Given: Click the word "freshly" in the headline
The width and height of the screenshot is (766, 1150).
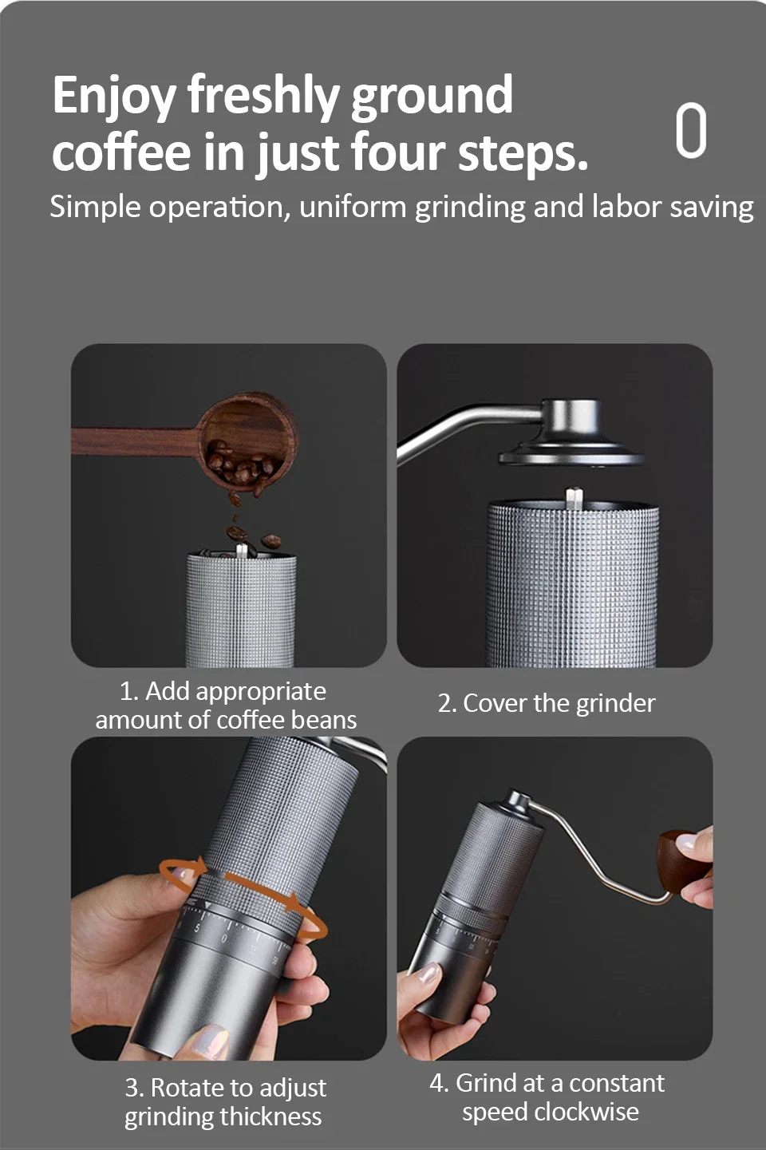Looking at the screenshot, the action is (263, 96).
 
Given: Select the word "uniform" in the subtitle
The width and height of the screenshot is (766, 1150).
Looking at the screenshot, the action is (353, 207).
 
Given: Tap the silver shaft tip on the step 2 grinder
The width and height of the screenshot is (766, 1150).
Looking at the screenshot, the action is (574, 498).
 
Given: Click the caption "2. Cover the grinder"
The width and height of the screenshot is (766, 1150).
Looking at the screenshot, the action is (547, 703).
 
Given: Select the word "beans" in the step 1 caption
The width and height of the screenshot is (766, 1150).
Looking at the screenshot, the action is (323, 720).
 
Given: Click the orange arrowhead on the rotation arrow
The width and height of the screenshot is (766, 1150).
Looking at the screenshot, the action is (296, 902).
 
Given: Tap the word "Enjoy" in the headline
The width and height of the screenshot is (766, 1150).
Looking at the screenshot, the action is (114, 96).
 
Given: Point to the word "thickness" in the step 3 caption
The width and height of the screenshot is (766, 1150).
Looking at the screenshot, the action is (271, 1116).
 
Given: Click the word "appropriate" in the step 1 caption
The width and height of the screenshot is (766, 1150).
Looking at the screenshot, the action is (262, 693).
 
